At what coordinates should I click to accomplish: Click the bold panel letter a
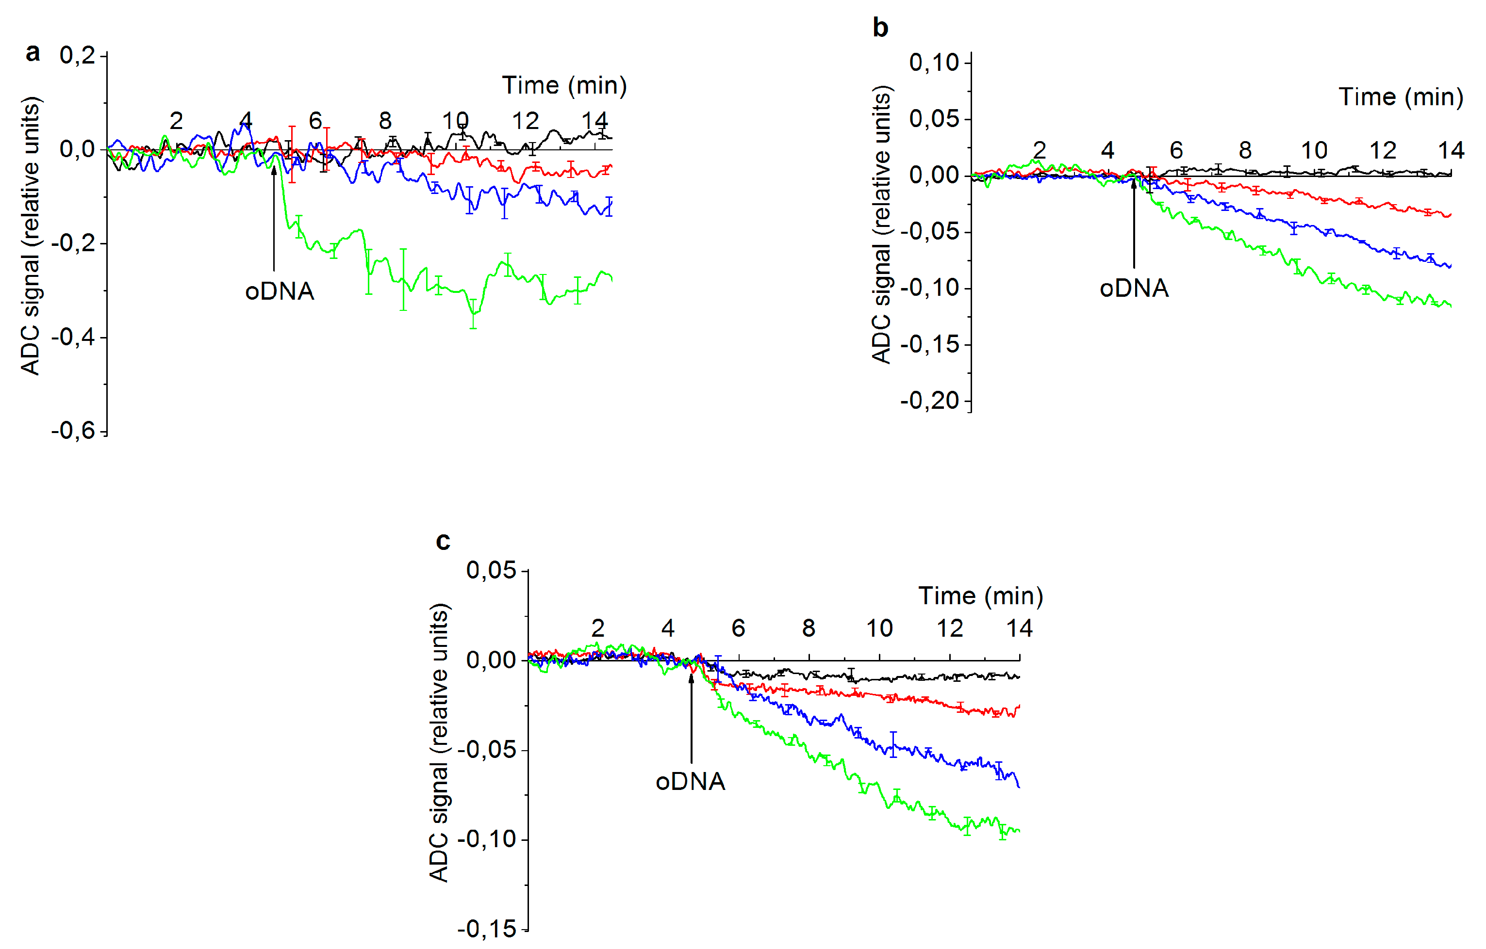(33, 53)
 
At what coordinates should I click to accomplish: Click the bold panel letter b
(880, 28)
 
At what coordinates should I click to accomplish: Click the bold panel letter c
(443, 541)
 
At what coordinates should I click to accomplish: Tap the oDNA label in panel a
(280, 291)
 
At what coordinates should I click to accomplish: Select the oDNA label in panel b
(1134, 289)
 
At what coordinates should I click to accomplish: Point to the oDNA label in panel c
(690, 782)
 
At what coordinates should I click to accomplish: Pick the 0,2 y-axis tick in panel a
(77, 55)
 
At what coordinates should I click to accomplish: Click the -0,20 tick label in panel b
(929, 401)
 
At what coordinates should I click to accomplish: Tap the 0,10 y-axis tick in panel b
(934, 62)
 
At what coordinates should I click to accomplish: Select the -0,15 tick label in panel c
(486, 928)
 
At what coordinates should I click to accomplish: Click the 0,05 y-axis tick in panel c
(491, 570)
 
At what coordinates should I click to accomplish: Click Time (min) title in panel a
(564, 85)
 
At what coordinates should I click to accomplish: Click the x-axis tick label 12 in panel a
(525, 121)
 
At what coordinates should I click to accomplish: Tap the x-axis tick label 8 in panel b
(1245, 150)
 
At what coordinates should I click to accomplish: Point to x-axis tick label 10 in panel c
(879, 628)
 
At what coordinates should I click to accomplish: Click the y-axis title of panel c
(439, 743)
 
